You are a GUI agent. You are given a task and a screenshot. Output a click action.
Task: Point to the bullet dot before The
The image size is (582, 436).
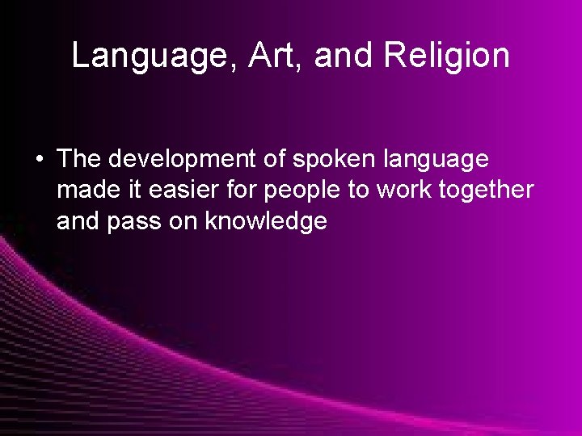coord(40,159)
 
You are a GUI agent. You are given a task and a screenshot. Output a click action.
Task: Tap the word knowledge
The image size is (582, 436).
coord(266,222)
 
